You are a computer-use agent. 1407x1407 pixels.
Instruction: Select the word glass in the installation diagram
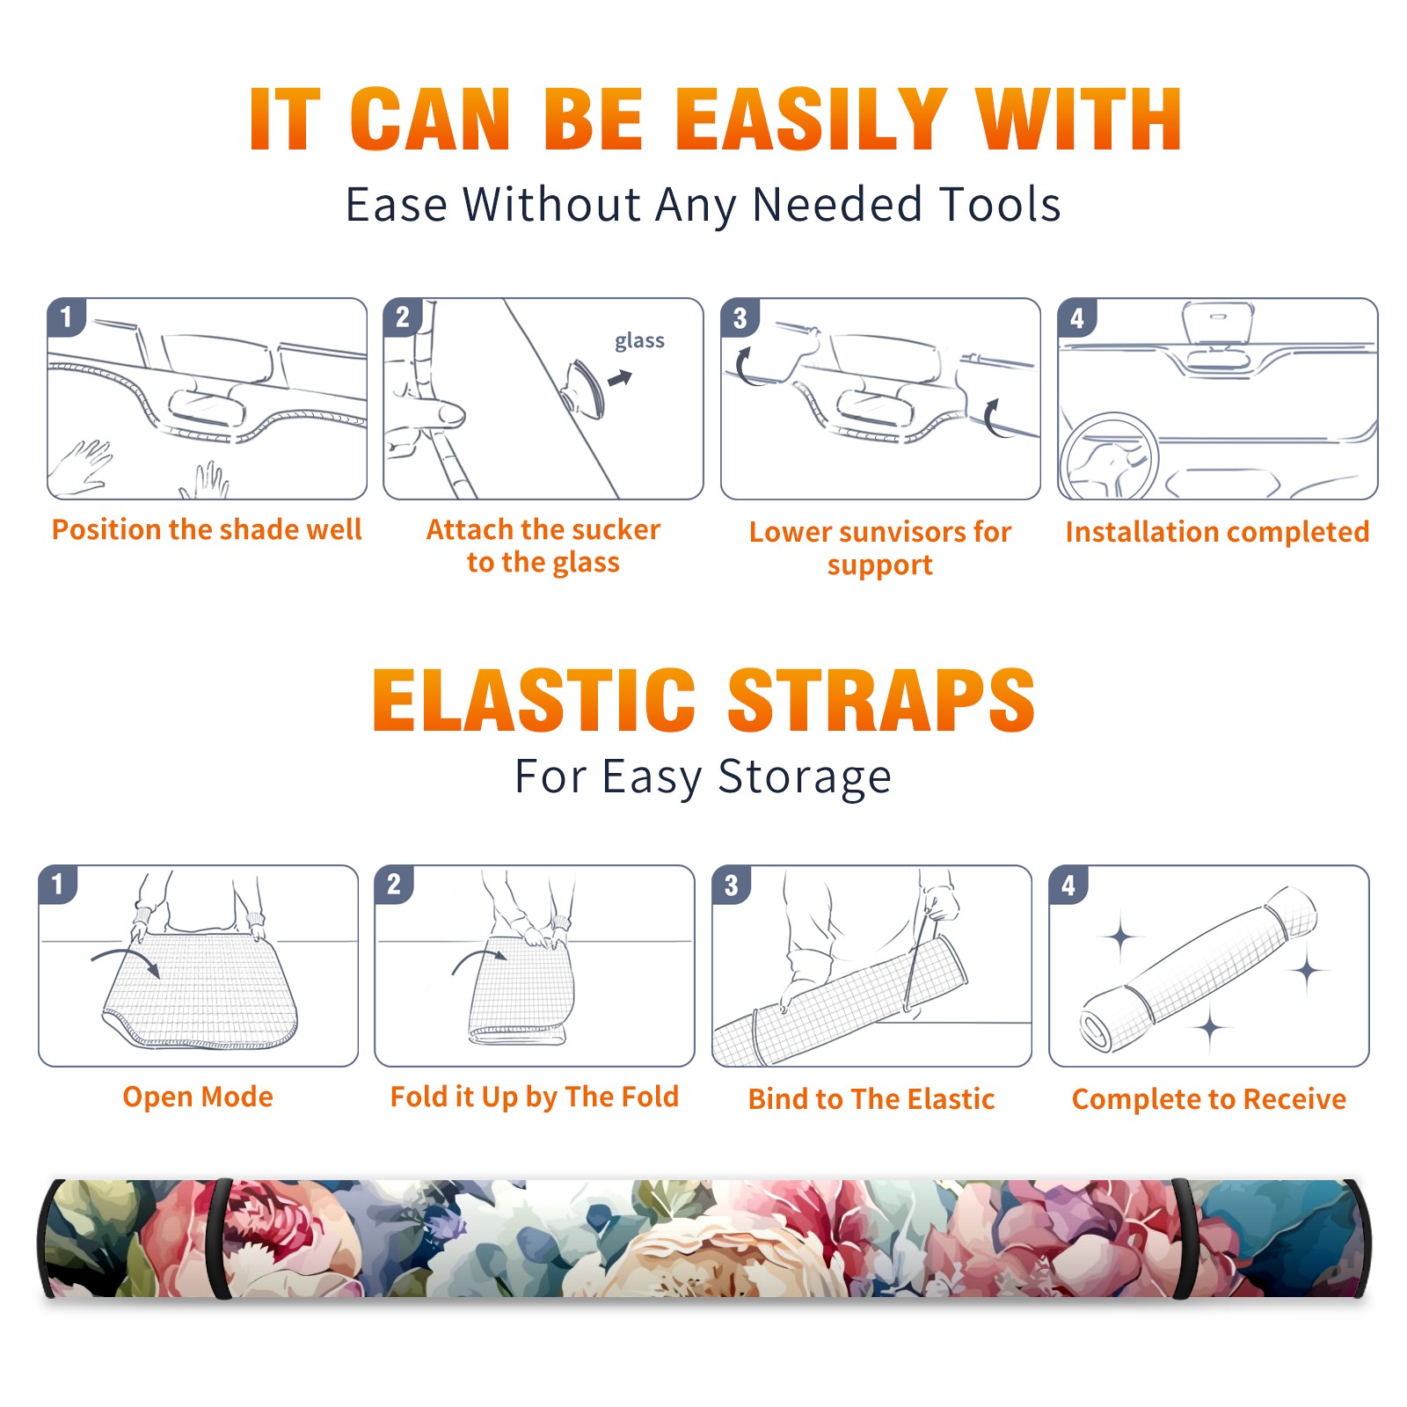click(x=639, y=341)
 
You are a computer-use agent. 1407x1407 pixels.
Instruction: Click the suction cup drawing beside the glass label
click(x=584, y=388)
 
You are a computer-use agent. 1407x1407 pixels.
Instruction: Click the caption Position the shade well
click(x=207, y=529)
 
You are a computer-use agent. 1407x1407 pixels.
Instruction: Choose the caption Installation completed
click(x=1217, y=532)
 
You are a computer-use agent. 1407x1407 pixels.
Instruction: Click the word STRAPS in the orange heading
click(x=881, y=700)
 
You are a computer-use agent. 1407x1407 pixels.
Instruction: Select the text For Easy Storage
click(x=703, y=777)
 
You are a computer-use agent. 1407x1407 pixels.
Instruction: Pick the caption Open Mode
click(x=198, y=1097)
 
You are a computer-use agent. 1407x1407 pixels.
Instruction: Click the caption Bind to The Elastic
click(x=871, y=1099)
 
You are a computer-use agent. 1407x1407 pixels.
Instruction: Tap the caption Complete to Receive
click(x=1209, y=1099)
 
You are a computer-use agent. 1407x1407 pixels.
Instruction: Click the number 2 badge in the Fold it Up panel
click(x=394, y=884)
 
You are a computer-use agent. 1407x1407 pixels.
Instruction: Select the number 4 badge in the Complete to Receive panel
click(x=1068, y=885)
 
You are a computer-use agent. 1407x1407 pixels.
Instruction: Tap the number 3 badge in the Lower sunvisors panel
click(x=740, y=317)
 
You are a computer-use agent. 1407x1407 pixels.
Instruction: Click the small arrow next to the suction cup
click(x=621, y=378)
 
